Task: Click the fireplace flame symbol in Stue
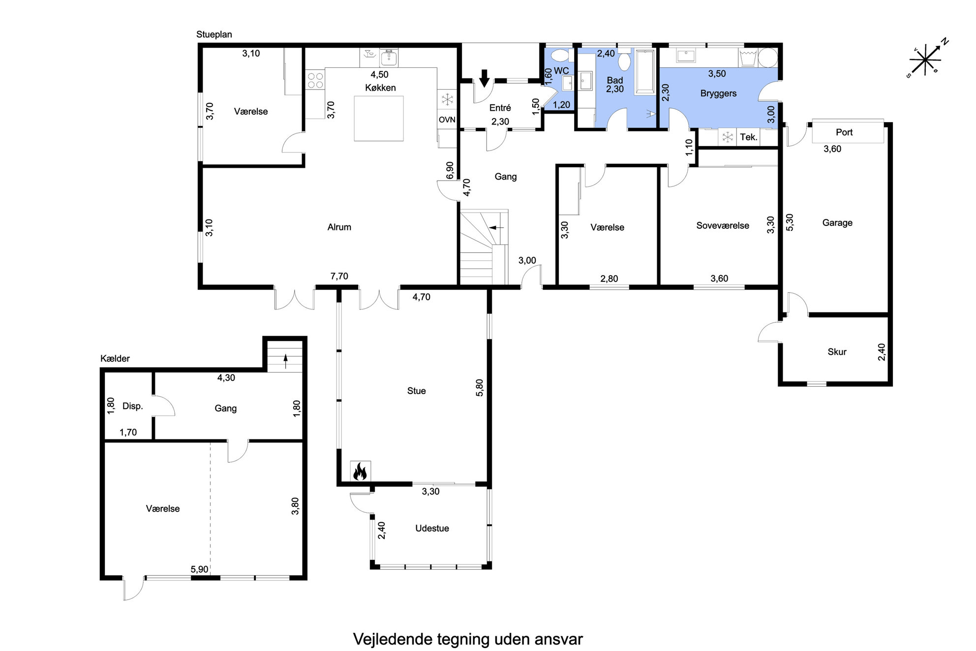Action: pyautogui.click(x=360, y=471)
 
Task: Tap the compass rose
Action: pyautogui.click(x=926, y=59)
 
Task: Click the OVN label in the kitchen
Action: pyautogui.click(x=447, y=120)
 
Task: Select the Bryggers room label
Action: pyautogui.click(x=718, y=93)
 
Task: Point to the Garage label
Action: pyautogui.click(x=837, y=223)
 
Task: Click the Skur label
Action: pyautogui.click(x=837, y=352)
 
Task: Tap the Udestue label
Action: pyautogui.click(x=432, y=528)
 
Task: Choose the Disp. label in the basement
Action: pyautogui.click(x=132, y=406)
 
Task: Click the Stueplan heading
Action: pyautogui.click(x=214, y=34)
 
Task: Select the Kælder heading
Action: pyautogui.click(x=115, y=359)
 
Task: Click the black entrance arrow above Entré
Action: pyautogui.click(x=484, y=78)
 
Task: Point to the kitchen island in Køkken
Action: pyautogui.click(x=379, y=118)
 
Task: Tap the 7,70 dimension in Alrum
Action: pyautogui.click(x=339, y=277)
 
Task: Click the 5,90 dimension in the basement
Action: pyautogui.click(x=199, y=569)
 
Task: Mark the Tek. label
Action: pyautogui.click(x=749, y=137)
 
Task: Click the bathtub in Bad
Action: pyautogui.click(x=645, y=72)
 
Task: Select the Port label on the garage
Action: pyautogui.click(x=844, y=132)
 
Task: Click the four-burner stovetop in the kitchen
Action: pyautogui.click(x=315, y=80)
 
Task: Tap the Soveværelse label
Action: pyautogui.click(x=723, y=226)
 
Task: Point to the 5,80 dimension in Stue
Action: pyautogui.click(x=480, y=387)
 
